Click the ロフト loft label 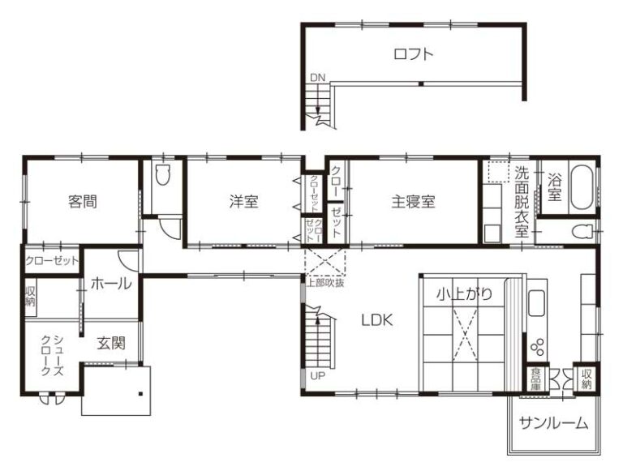pyautogui.click(x=413, y=54)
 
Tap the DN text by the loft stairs pyautogui.click(x=317, y=78)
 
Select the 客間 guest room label pyautogui.click(x=83, y=202)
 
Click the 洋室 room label pyautogui.click(x=243, y=202)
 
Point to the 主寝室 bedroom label pyautogui.click(x=413, y=202)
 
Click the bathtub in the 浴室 pyautogui.click(x=582, y=186)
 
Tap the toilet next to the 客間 pyautogui.click(x=162, y=175)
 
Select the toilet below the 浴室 pyautogui.click(x=583, y=231)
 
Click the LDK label pyautogui.click(x=377, y=319)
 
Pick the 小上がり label pyautogui.click(x=465, y=294)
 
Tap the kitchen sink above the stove pyautogui.click(x=537, y=303)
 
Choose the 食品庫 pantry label pyautogui.click(x=536, y=379)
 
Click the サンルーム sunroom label pyautogui.click(x=553, y=423)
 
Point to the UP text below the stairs pyautogui.click(x=318, y=376)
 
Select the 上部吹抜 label pyautogui.click(x=325, y=283)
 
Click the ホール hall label pyautogui.click(x=111, y=284)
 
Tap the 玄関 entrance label pyautogui.click(x=111, y=343)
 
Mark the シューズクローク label pyautogui.click(x=53, y=356)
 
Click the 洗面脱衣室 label pyautogui.click(x=522, y=202)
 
